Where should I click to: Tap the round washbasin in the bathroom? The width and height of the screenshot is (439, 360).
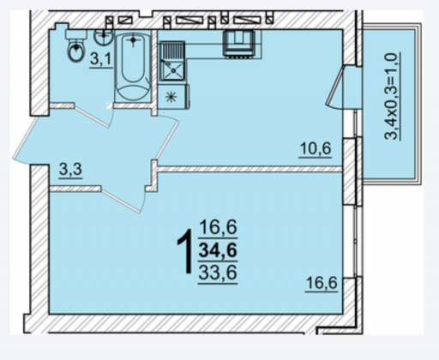click(x=104, y=37)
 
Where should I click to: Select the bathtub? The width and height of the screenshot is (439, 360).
click(x=133, y=67)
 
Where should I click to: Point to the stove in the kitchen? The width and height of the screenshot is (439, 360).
click(x=239, y=44)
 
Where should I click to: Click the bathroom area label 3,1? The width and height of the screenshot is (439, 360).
click(x=100, y=60)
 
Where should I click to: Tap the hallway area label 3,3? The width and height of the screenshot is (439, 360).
click(x=70, y=170)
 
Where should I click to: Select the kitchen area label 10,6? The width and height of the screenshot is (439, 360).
click(x=316, y=149)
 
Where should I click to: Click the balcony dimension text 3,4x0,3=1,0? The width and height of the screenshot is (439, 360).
click(x=392, y=96)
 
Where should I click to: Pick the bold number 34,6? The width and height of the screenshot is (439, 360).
click(x=218, y=250)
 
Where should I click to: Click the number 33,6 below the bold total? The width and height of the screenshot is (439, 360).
click(x=218, y=273)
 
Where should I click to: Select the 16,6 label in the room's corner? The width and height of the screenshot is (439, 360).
click(x=322, y=284)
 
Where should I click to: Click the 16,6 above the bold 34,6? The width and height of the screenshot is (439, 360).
click(x=218, y=227)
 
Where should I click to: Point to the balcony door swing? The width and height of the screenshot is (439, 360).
click(x=335, y=87)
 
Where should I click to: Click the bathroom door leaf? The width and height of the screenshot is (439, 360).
click(x=92, y=116)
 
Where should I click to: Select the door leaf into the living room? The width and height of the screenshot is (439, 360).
click(x=121, y=201)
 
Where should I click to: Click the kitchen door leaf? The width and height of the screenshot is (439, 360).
click(x=169, y=141)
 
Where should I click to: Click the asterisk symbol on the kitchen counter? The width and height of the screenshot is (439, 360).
click(x=171, y=97)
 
